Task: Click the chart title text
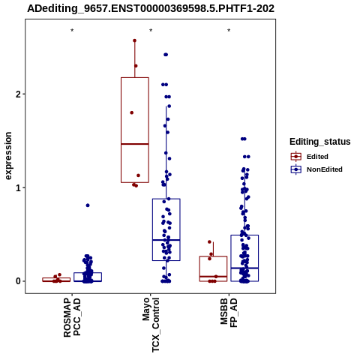point(151,8)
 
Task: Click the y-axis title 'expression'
point(8,156)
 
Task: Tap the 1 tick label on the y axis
point(18,187)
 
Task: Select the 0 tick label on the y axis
point(18,281)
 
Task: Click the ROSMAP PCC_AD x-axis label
point(72,317)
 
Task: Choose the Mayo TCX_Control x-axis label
point(151,325)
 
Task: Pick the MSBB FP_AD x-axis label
point(229,313)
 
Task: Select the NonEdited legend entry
point(316,169)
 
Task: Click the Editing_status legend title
point(320,142)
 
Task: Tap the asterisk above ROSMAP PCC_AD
point(72,31)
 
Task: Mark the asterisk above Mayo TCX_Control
point(151,31)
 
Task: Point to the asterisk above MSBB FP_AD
point(229,31)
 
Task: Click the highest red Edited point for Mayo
point(134,40)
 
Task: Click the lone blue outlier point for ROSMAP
point(88,205)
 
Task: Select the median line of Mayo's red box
point(135,144)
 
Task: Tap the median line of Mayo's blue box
point(166,240)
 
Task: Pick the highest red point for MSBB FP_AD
point(209,241)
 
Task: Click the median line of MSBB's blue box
point(244,268)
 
